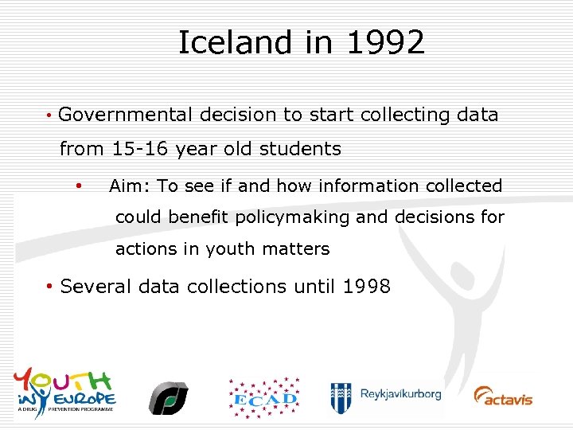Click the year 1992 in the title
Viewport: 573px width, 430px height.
tap(385, 43)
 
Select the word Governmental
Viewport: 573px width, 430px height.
tap(126, 115)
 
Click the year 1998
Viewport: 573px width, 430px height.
tap(366, 287)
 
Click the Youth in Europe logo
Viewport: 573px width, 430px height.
tap(65, 389)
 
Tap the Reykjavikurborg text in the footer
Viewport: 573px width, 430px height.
tap(400, 394)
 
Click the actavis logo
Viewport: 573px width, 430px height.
tap(503, 396)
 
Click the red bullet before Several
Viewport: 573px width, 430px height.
tap(49, 287)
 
